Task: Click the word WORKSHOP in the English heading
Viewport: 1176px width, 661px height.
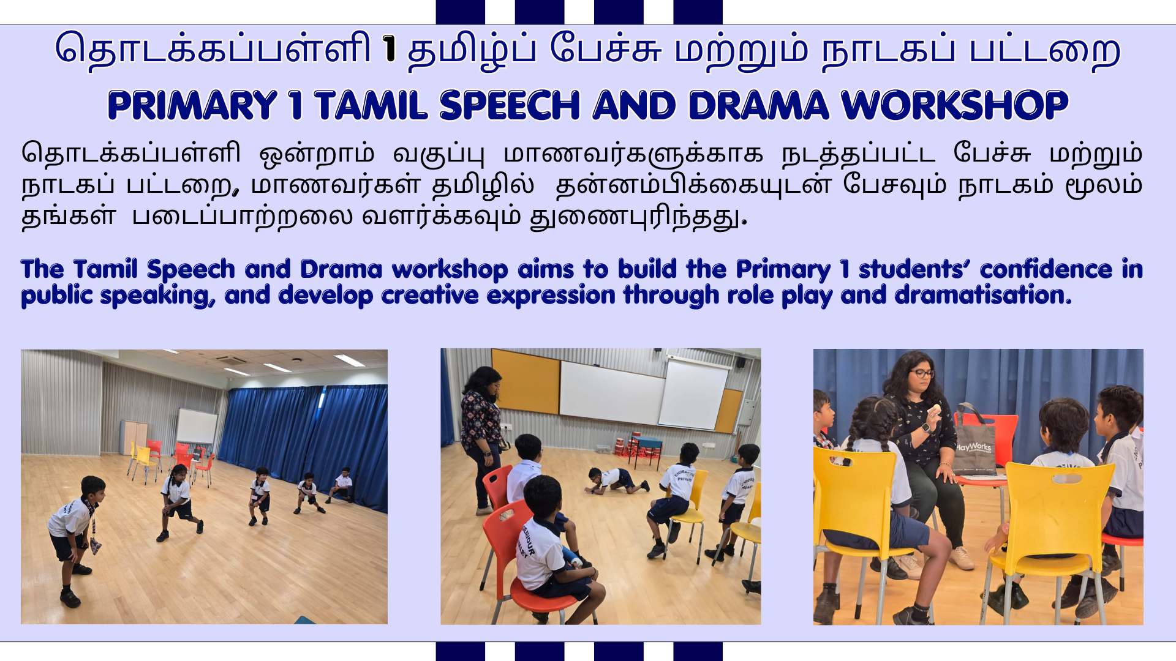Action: [955, 105]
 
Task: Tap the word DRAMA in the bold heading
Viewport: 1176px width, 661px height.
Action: [758, 105]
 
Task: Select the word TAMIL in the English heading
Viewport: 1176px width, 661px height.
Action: [371, 105]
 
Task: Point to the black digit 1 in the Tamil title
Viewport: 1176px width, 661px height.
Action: [388, 49]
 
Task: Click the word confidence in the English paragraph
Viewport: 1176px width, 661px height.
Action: [1046, 269]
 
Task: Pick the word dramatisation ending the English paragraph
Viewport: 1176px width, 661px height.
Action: [983, 295]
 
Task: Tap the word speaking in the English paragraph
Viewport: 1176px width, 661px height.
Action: [157, 296]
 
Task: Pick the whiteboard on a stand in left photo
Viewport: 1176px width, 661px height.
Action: [197, 427]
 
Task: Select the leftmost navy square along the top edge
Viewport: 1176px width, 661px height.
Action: [460, 12]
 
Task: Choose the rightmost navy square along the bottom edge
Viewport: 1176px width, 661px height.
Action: [698, 651]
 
